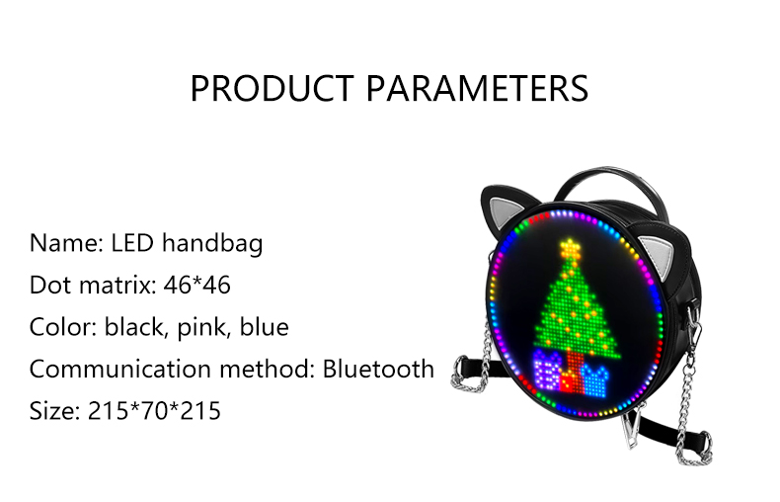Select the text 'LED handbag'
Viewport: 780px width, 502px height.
point(187,242)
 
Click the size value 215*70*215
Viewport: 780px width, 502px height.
point(152,410)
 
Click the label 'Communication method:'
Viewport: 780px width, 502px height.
point(172,369)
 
